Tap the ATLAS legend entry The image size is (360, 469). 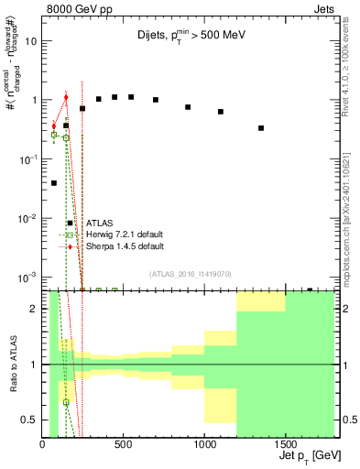[x=99, y=223]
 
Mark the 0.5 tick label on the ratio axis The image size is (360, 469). [x=29, y=420]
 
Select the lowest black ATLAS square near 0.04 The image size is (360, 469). [x=54, y=183]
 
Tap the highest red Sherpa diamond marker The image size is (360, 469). [x=66, y=97]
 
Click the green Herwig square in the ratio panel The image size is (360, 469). [x=66, y=402]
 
